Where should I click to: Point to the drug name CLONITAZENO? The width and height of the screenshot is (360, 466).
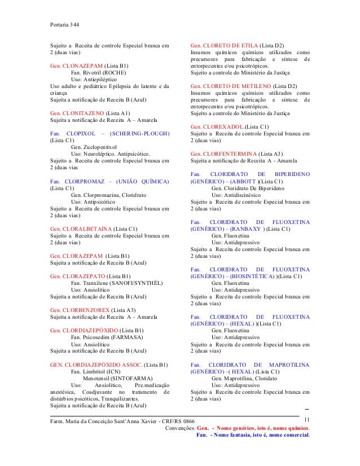pos(83,113)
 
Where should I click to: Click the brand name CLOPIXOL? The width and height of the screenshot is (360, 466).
pos(78,133)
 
